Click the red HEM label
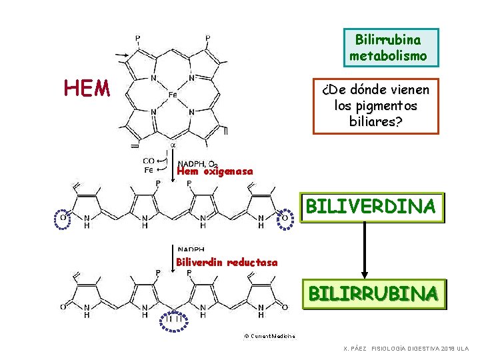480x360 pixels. (x=87, y=87)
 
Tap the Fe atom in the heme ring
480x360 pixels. (x=172, y=95)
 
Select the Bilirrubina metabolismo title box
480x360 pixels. (x=391, y=47)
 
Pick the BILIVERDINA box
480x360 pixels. (x=371, y=206)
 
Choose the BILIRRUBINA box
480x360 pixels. (x=373, y=293)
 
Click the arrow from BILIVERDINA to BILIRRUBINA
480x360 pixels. (x=364, y=250)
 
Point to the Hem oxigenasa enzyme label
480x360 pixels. (x=215, y=171)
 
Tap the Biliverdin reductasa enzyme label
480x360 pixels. (x=227, y=262)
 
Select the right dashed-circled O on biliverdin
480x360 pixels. (x=284, y=217)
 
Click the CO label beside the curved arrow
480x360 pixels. (x=149, y=161)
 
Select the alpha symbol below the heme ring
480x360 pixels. (x=173, y=145)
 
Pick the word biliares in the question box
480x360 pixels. (x=375, y=121)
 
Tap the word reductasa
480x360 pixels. (x=252, y=262)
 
